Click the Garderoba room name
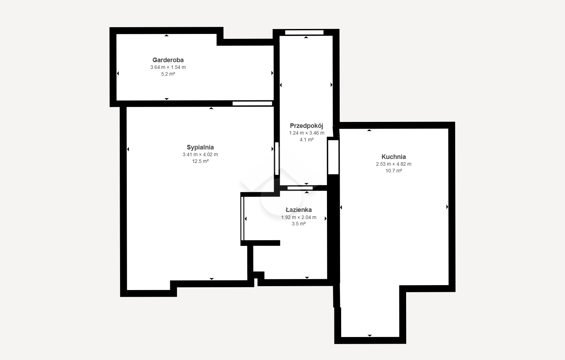168,60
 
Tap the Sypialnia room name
200,147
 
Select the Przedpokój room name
307,126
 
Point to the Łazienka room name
299,209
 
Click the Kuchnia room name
393,157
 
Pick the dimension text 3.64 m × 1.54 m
168,67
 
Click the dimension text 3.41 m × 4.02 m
200,155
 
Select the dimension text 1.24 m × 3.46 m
307,133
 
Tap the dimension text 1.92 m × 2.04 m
299,217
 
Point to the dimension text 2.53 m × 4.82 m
393,164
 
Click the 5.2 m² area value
168,74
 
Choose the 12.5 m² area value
200,161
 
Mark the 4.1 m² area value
307,140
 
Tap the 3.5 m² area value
299,224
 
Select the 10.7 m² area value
393,171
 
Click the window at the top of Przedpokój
304,32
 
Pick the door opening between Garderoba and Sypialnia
252,104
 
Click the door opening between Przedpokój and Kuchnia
333,157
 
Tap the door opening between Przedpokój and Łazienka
300,188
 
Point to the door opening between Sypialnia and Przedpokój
277,159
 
